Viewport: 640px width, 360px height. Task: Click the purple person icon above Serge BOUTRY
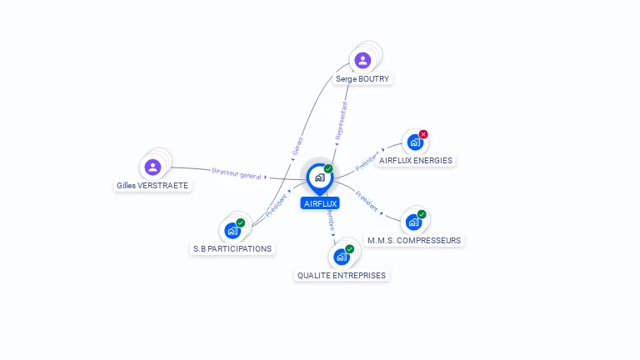pos(362,60)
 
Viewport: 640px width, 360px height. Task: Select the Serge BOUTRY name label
pos(362,79)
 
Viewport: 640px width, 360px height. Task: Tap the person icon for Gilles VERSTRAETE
pos(152,167)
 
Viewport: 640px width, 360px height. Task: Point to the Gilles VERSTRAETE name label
pos(152,186)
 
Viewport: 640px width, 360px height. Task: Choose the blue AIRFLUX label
pos(320,203)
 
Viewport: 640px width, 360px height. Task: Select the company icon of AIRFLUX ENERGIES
pos(415,142)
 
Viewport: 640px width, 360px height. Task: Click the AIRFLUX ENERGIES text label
pos(416,161)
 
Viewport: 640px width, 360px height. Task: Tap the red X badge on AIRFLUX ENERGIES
pos(423,134)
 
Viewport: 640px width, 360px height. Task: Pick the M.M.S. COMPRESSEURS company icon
pos(413,222)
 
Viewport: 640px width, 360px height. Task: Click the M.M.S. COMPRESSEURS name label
pos(414,241)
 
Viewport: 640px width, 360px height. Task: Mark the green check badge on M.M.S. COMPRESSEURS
pos(422,214)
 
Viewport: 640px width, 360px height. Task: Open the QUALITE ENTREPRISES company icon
pos(342,257)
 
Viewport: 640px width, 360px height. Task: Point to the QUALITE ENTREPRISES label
pos(342,276)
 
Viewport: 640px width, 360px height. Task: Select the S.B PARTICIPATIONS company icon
pos(232,231)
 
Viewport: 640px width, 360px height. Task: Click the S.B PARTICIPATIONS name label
pos(232,249)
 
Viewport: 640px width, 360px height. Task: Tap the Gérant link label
pos(297,147)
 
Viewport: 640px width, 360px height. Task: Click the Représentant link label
pos(341,120)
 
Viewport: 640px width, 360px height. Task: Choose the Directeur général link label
pos(237,173)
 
